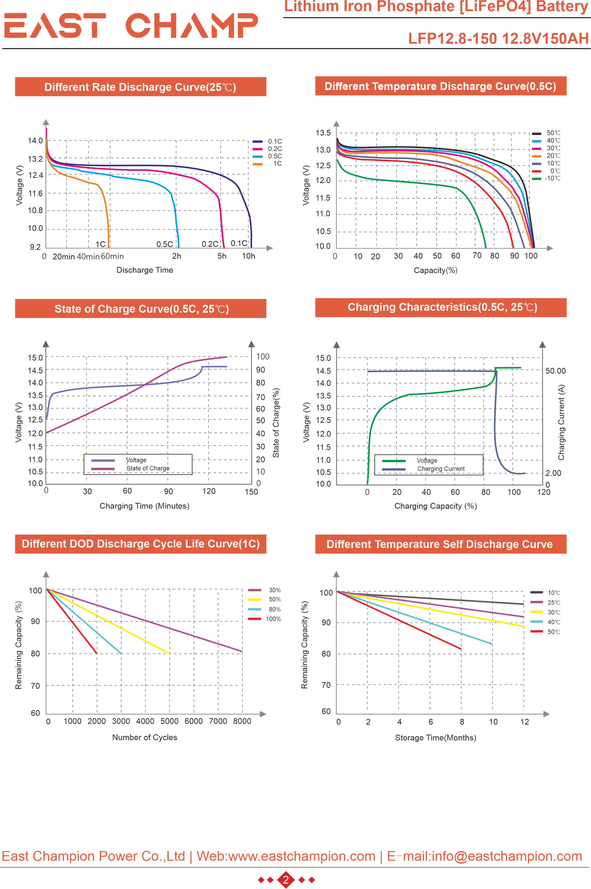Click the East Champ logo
click(x=131, y=26)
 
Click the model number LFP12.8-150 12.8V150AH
click(x=498, y=38)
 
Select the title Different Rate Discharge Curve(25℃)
click(x=140, y=87)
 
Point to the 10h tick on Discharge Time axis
click(x=248, y=256)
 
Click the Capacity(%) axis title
click(x=435, y=270)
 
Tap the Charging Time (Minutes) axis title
click(x=144, y=506)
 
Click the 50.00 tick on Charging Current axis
click(x=556, y=371)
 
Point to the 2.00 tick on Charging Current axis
click(x=553, y=473)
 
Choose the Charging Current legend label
click(x=440, y=469)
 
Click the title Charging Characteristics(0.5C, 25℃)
click(x=442, y=307)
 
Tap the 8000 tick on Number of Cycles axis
click(x=242, y=721)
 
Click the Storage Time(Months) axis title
click(x=435, y=737)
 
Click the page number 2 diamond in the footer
click(x=286, y=880)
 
